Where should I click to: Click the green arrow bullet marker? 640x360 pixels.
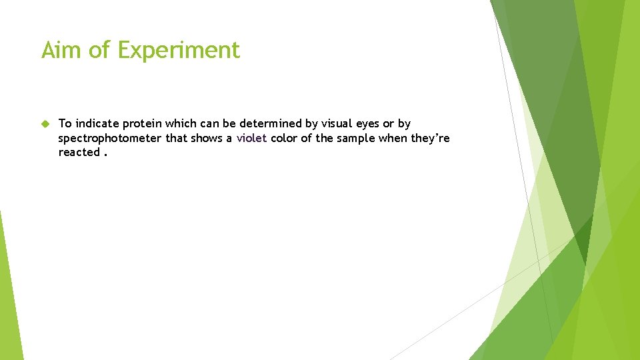45,123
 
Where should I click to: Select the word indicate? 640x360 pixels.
97,123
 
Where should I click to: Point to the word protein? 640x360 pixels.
142,124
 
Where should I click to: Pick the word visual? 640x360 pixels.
337,123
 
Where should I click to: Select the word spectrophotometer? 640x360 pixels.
110,139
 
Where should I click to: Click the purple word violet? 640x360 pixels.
251,138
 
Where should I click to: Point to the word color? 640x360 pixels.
284,138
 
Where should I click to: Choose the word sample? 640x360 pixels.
356,139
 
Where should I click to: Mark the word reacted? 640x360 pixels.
79,152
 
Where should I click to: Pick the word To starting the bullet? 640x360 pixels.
65,123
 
